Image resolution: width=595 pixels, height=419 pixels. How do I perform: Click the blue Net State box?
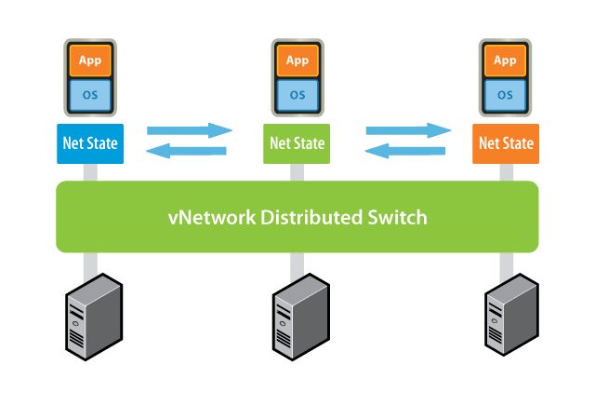(89, 143)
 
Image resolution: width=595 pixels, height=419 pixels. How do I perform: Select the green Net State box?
(297, 143)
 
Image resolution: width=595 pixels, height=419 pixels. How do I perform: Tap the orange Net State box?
(505, 143)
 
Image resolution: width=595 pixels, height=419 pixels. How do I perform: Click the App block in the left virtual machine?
(90, 61)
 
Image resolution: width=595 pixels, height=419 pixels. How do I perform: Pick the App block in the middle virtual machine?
(297, 61)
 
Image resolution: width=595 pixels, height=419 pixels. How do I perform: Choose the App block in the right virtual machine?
(505, 61)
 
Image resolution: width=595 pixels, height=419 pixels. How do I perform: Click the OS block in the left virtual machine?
(90, 94)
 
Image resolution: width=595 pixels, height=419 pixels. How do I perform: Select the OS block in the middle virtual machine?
(297, 94)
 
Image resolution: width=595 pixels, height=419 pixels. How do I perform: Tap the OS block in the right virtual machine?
(505, 94)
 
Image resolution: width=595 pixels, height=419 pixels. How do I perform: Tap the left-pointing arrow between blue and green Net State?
(187, 151)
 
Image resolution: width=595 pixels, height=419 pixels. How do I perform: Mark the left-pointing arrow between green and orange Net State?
(406, 151)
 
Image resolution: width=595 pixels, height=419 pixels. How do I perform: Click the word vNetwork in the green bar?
(212, 218)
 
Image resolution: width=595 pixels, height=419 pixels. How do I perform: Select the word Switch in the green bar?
(397, 218)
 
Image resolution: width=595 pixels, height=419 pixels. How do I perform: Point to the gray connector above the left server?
(90, 264)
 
